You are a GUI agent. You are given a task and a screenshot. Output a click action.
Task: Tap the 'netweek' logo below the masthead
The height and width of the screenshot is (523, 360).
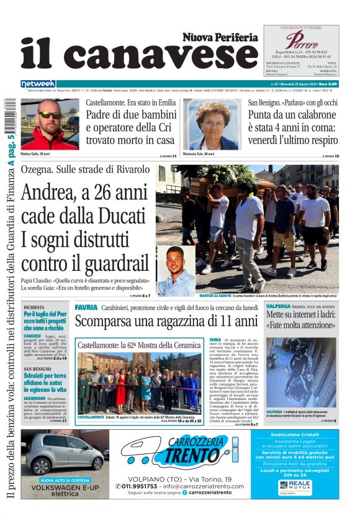click(x=38, y=84)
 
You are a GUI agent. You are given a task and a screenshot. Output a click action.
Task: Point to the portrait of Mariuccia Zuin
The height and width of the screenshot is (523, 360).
click(x=212, y=124)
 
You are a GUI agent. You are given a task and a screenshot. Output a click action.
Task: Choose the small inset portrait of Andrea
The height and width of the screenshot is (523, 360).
click(x=176, y=273)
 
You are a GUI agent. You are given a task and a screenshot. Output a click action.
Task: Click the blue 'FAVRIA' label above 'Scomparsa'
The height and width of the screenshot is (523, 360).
click(x=86, y=307)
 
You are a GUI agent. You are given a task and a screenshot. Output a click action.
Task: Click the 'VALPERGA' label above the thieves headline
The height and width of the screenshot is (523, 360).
click(x=279, y=307)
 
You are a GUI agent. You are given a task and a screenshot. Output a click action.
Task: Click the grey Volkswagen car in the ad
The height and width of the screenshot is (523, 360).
click(x=64, y=453)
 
